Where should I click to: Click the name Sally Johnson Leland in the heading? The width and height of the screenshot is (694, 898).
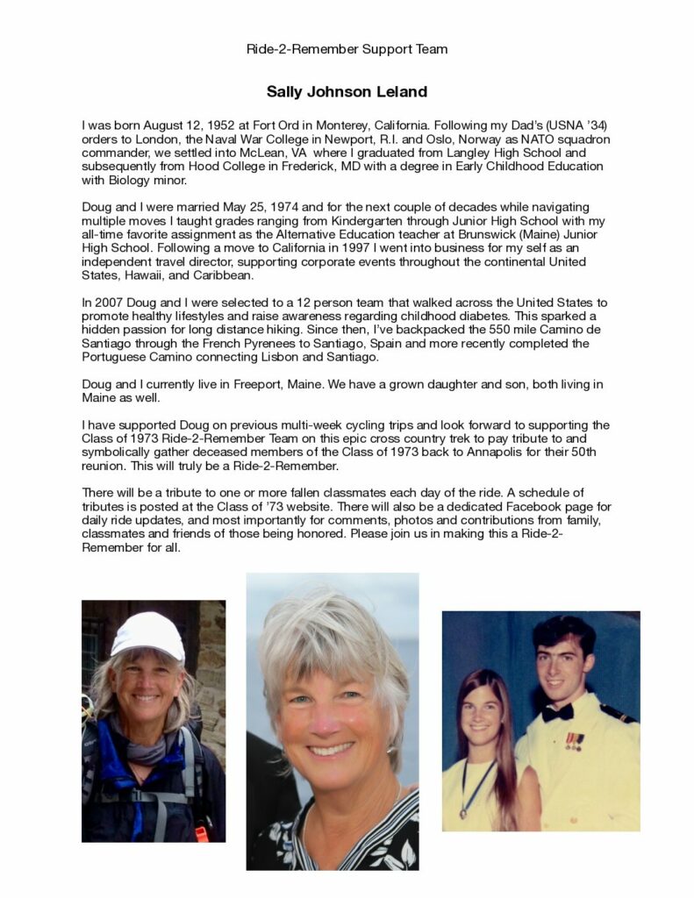point(347,92)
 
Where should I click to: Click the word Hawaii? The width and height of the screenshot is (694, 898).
point(146,275)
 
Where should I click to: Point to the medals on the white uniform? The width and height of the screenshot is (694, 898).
point(574,741)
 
